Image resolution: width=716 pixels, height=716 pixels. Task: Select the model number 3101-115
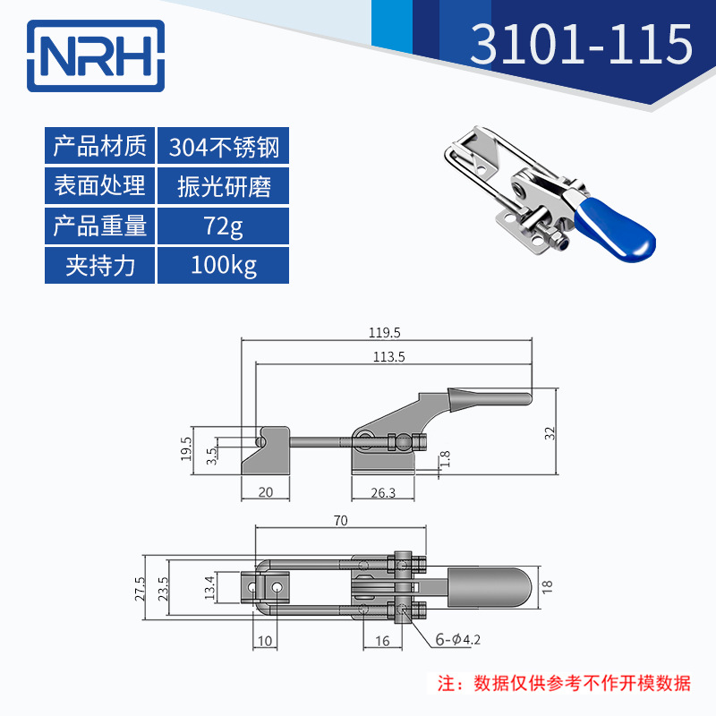click(581, 45)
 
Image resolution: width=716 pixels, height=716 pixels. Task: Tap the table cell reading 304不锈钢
click(223, 146)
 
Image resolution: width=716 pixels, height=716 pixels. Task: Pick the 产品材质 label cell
click(99, 146)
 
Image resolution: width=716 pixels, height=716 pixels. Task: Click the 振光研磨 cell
click(223, 186)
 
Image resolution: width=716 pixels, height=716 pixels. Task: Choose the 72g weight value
click(223, 226)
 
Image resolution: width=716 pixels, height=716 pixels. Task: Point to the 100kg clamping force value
click(223, 266)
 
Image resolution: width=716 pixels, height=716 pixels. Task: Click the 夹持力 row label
click(99, 266)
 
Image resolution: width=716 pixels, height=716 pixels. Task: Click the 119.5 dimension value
click(384, 332)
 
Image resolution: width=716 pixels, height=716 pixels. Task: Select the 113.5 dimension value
click(389, 355)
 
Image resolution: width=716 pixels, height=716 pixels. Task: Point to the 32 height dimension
click(550, 433)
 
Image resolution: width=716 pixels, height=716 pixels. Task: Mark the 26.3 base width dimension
click(383, 492)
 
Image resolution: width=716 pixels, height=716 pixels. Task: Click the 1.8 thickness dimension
click(445, 460)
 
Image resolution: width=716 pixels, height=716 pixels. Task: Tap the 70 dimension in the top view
click(339, 519)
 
